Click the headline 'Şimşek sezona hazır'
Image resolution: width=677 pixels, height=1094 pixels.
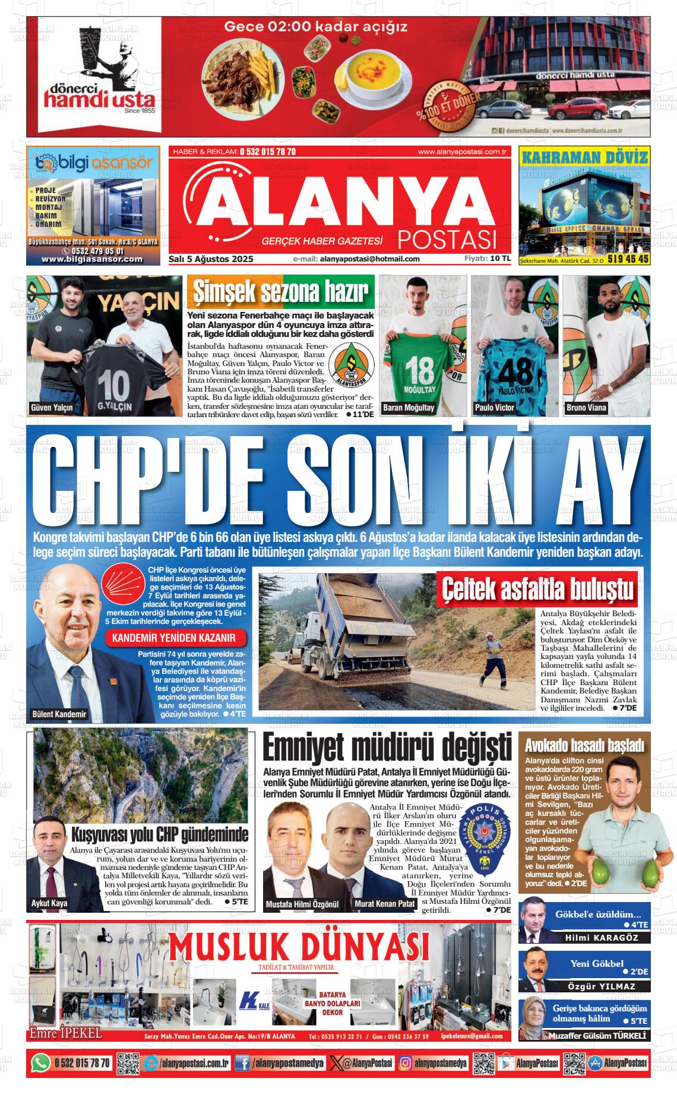coord(281,292)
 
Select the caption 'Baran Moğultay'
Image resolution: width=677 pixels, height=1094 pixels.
coord(409,408)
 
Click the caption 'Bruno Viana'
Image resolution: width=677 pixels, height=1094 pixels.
coord(586,408)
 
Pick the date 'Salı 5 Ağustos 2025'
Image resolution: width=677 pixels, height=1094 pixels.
coord(211,259)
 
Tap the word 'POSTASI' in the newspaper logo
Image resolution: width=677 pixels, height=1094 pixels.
coord(447,239)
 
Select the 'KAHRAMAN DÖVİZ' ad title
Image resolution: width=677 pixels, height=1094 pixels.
coord(584,157)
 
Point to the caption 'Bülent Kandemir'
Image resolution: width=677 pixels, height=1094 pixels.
coord(59,714)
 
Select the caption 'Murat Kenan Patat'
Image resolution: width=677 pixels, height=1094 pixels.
coord(384,904)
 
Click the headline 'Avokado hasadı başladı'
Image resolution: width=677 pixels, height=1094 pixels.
coord(584,745)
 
